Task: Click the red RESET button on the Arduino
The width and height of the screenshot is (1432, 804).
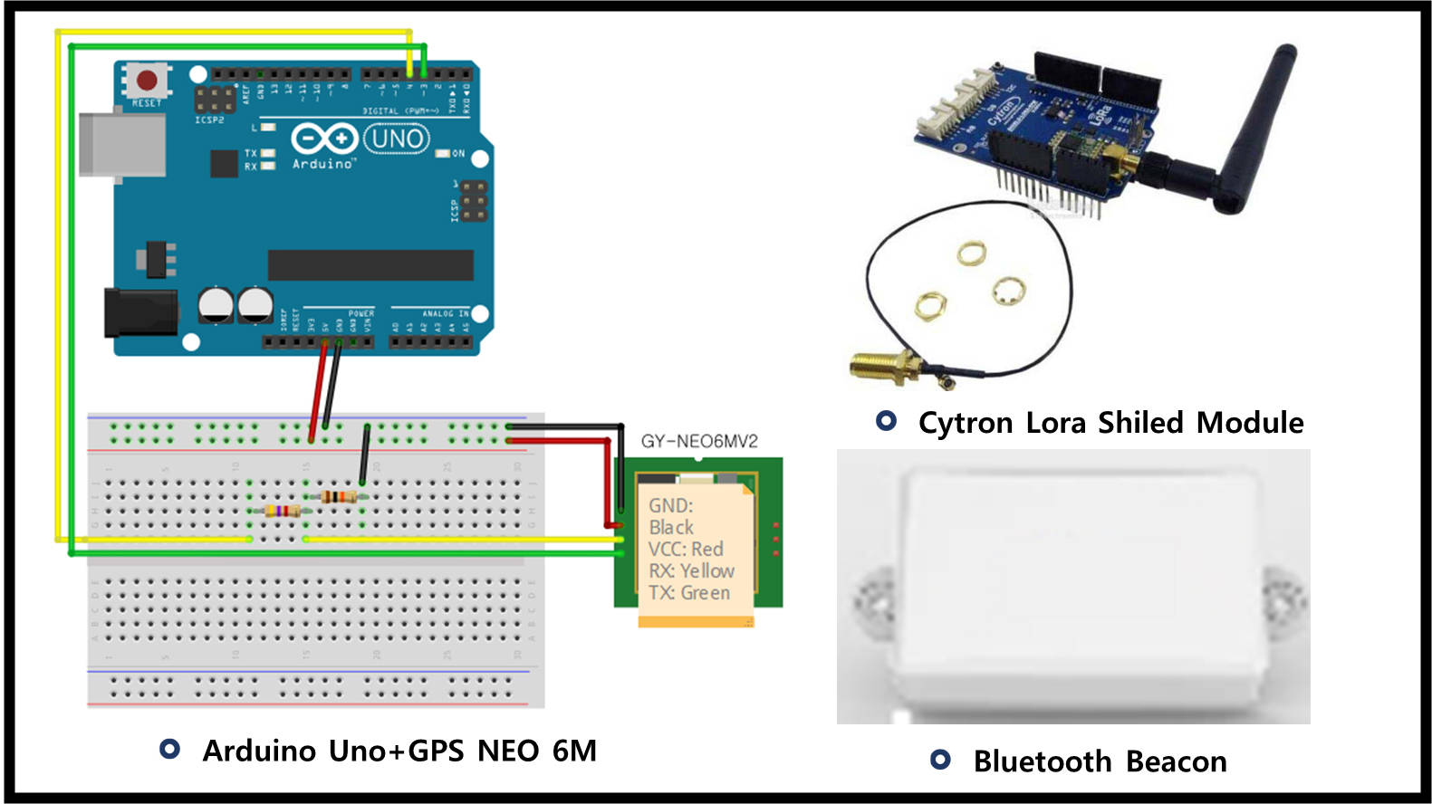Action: tap(147, 81)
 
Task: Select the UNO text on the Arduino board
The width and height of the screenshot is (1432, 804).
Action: tap(397, 139)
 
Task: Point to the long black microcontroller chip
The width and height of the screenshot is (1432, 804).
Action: tap(370, 265)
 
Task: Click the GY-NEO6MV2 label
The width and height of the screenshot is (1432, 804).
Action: tap(699, 441)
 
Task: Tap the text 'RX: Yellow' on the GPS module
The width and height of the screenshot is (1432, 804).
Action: tap(691, 571)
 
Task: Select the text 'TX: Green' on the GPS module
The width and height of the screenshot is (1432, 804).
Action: tap(689, 593)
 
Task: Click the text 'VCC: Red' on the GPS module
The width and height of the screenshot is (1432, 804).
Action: tap(686, 550)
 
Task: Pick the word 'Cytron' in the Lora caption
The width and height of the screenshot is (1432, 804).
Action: tap(966, 423)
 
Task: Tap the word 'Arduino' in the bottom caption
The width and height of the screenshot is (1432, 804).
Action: tap(259, 751)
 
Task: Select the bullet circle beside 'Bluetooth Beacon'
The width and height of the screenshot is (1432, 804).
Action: tap(940, 760)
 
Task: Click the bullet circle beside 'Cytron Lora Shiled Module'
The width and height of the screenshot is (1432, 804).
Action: tap(886, 421)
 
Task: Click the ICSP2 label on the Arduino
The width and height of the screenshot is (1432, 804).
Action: tap(209, 120)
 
